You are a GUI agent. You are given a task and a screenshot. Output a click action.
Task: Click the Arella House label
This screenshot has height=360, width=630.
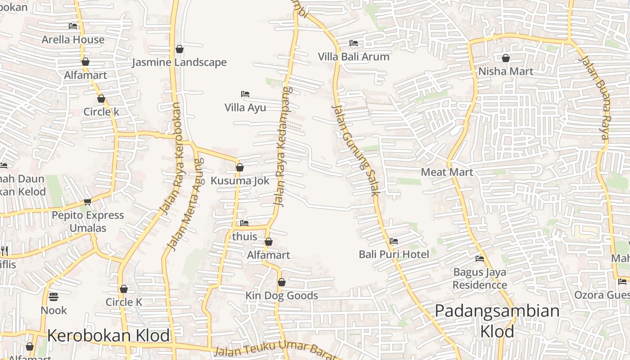tap(73, 40)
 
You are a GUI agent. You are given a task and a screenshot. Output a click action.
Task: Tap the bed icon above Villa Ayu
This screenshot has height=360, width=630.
tap(245, 94)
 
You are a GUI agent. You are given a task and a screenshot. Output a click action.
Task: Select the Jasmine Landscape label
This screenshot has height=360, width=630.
tap(179, 62)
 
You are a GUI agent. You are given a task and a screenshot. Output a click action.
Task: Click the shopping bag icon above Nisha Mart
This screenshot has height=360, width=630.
tap(506, 58)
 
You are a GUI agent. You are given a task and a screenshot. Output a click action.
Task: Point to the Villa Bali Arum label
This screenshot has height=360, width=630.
tap(354, 57)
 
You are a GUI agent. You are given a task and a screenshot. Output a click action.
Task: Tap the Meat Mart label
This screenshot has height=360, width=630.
tap(447, 172)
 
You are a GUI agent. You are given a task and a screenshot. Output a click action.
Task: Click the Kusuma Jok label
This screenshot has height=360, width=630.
tap(240, 180)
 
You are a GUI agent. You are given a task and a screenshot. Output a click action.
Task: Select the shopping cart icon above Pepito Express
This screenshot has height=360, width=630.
tap(87, 202)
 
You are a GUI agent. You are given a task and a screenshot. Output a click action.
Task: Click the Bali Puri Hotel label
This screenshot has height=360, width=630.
tap(394, 254)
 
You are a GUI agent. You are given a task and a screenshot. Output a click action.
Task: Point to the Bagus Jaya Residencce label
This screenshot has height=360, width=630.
tap(480, 279)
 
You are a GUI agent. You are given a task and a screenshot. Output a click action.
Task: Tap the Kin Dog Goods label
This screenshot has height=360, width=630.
tap(282, 296)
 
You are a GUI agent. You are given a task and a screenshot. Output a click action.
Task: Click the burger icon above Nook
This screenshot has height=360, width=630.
tap(54, 297)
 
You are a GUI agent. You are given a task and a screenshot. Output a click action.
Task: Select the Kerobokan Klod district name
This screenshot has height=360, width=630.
tap(108, 336)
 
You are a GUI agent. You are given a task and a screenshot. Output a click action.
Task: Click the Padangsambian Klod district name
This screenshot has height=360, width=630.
tap(497, 321)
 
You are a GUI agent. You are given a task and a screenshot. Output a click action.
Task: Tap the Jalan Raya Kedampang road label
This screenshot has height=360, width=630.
tap(282, 146)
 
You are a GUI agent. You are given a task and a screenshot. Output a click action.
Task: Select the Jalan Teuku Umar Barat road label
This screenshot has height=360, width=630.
tap(274, 351)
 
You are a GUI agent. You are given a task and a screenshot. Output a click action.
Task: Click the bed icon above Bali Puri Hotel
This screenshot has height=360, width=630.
tap(394, 241)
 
